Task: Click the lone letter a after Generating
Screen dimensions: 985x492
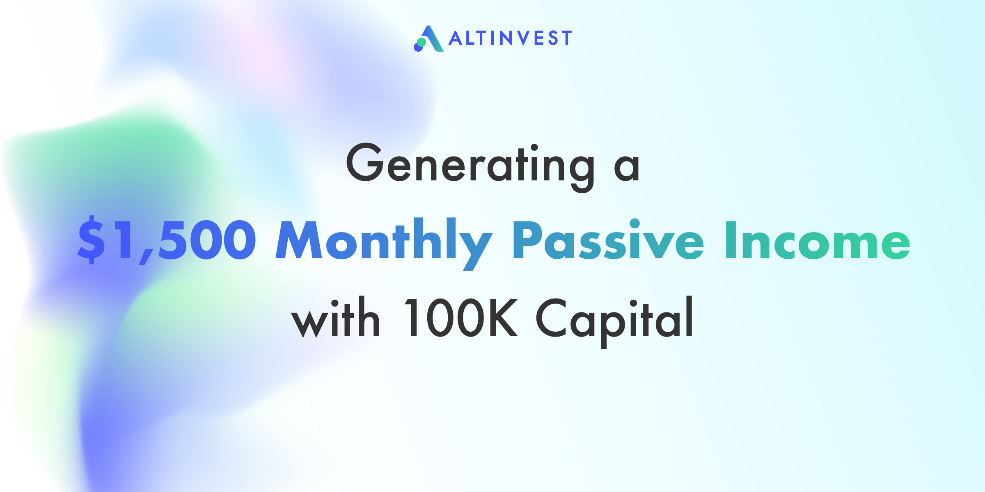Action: (x=627, y=168)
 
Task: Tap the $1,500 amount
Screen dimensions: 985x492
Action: (x=167, y=240)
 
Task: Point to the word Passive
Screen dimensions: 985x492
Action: (x=609, y=240)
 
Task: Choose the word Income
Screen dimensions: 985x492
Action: (x=818, y=241)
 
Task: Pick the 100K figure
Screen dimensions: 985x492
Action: (x=461, y=317)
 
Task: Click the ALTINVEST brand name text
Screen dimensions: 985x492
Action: (x=510, y=38)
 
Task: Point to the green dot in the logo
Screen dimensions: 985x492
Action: (x=421, y=42)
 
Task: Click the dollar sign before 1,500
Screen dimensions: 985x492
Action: (x=91, y=240)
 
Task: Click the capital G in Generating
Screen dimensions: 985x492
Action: (x=365, y=162)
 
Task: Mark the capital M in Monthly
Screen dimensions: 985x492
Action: (x=299, y=240)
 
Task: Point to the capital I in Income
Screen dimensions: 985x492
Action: (x=731, y=240)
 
